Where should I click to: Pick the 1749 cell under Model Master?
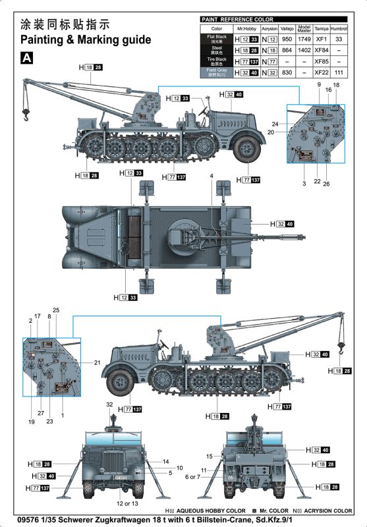(x=304, y=40)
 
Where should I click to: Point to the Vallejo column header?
(x=286, y=29)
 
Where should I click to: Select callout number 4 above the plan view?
(x=212, y=177)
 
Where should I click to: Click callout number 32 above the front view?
(x=109, y=404)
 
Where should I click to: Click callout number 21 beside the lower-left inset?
(x=96, y=363)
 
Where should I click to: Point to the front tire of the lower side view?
(x=120, y=380)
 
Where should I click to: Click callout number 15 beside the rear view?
(x=210, y=456)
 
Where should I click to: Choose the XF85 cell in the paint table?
(x=322, y=61)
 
